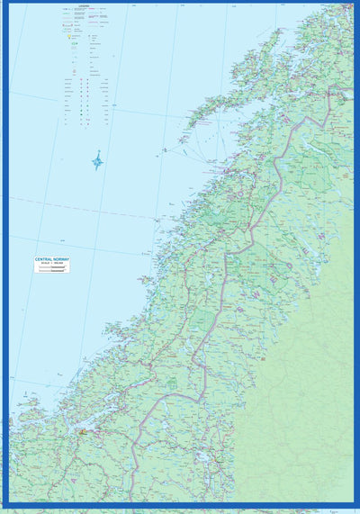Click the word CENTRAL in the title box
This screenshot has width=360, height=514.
(x=43, y=259)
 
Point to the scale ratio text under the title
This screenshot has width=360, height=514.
(x=52, y=264)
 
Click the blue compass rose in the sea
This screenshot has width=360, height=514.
(x=97, y=161)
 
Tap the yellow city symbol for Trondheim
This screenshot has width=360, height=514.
(x=85, y=431)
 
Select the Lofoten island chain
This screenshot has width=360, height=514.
(x=216, y=99)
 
